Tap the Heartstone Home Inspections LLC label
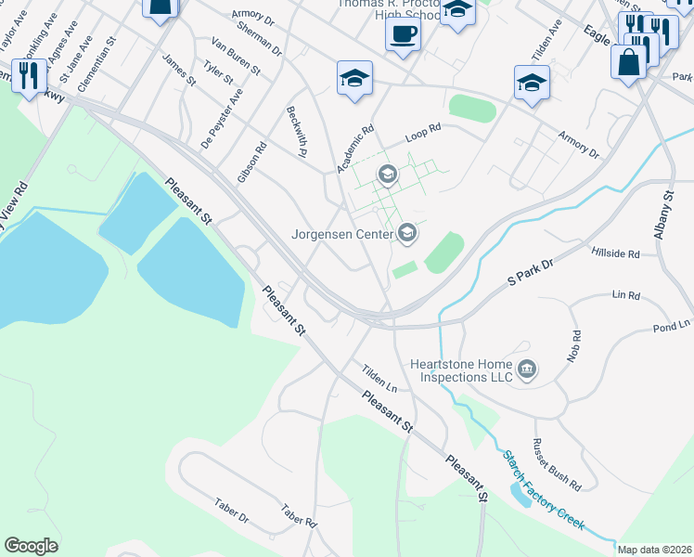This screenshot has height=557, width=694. (462, 371)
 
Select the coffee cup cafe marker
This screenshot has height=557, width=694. (403, 35)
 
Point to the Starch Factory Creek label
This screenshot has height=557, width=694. (544, 490)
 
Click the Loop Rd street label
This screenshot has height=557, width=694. (423, 136)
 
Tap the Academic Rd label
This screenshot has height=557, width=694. (354, 149)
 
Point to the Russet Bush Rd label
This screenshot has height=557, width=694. (557, 465)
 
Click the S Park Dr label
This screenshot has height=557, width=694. (530, 278)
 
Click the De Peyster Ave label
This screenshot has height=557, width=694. (222, 118)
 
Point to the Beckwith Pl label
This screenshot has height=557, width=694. (297, 118)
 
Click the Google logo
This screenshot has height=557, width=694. (31, 546)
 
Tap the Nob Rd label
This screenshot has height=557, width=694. (575, 345)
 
